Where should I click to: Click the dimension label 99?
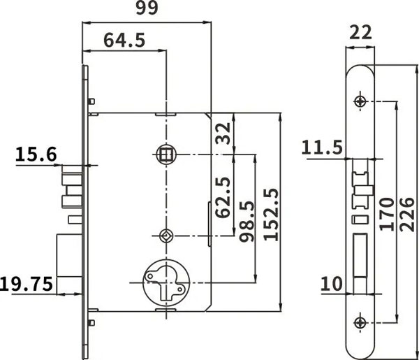tap(147, 8)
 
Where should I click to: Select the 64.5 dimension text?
tap(124, 40)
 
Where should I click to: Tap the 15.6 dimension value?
tap(36, 154)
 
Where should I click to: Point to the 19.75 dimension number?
tap(27, 284)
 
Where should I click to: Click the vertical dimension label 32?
tap(223, 134)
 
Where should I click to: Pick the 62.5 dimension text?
tap(223, 197)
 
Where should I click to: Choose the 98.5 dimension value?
tap(247, 222)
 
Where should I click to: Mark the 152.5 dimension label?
tap(271, 215)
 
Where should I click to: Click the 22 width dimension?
tap(360, 32)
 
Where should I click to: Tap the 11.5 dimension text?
tap(322, 148)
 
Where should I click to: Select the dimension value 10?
tap(331, 284)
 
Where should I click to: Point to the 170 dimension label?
tap(387, 214)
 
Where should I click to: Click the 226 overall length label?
tap(407, 214)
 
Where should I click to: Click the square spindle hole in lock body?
tap(166, 154)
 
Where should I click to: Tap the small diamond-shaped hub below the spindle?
tap(166, 236)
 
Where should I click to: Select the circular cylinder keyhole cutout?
tap(166, 282)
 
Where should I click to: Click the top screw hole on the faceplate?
tap(360, 101)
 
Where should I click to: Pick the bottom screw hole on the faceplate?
tap(360, 322)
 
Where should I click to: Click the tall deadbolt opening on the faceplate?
tap(360, 254)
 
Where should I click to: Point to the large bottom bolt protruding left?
tap(69, 255)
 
